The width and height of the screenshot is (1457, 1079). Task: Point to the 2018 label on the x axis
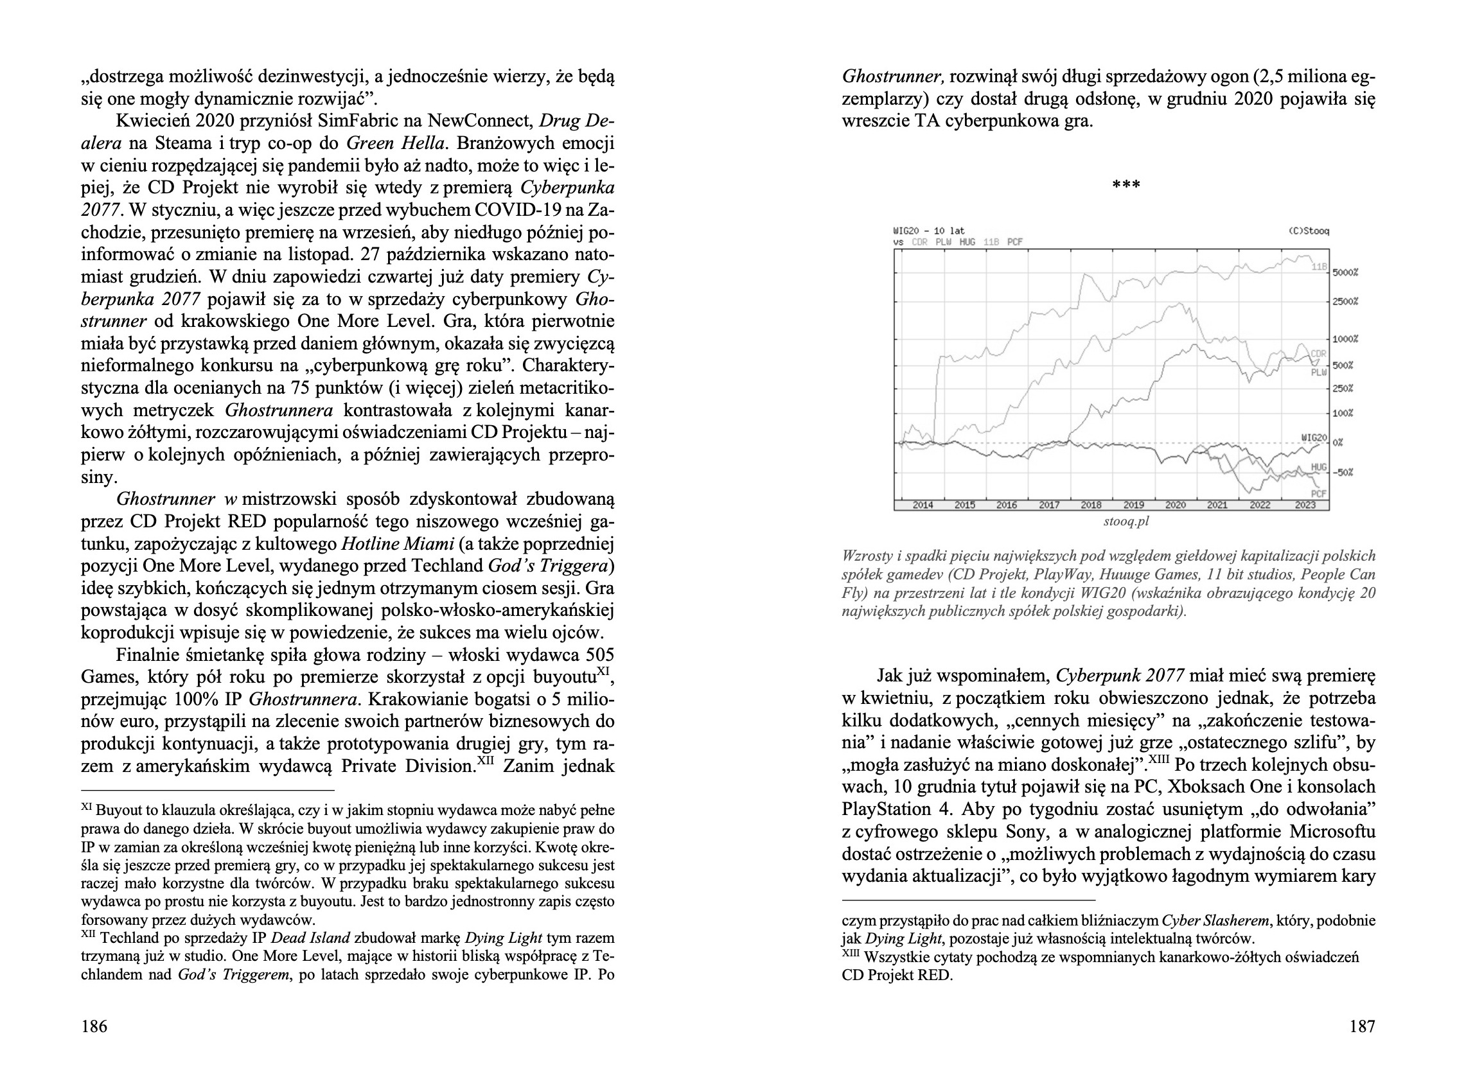tap(1090, 505)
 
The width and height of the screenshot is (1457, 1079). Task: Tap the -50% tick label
tap(1342, 472)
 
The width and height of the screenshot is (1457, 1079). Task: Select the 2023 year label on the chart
tap(1305, 505)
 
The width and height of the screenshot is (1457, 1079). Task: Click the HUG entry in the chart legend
tap(967, 241)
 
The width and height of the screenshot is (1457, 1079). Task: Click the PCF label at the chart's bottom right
tap(1319, 494)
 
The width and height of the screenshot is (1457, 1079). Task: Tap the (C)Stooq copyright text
tap(1309, 231)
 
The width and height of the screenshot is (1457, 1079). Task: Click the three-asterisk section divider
tap(1126, 186)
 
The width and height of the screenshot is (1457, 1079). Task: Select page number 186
tap(94, 1026)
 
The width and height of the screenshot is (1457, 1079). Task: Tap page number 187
tap(1362, 1026)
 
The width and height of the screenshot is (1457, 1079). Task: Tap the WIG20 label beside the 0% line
tap(1314, 437)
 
